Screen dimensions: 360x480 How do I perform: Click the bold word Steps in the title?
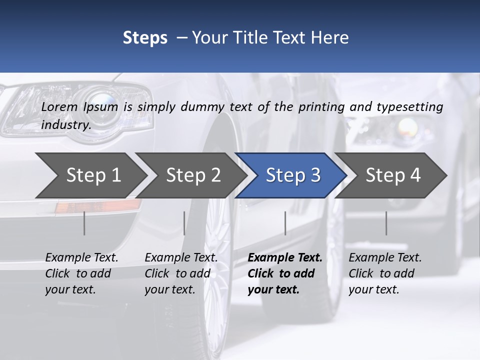tap(145, 38)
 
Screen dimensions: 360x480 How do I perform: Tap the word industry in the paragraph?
tap(65, 124)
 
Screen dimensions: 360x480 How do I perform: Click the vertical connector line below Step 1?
tap(84, 223)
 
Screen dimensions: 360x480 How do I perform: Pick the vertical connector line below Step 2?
tap(184, 223)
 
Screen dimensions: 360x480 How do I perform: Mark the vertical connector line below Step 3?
tap(285, 223)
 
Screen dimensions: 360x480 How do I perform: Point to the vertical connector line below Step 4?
tap(386, 223)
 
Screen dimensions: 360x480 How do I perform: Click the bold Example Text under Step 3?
tap(285, 257)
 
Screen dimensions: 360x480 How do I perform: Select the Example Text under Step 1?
tap(81, 257)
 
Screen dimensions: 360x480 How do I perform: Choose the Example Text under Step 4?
tap(385, 257)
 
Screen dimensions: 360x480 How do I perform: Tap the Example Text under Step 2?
tap(181, 257)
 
